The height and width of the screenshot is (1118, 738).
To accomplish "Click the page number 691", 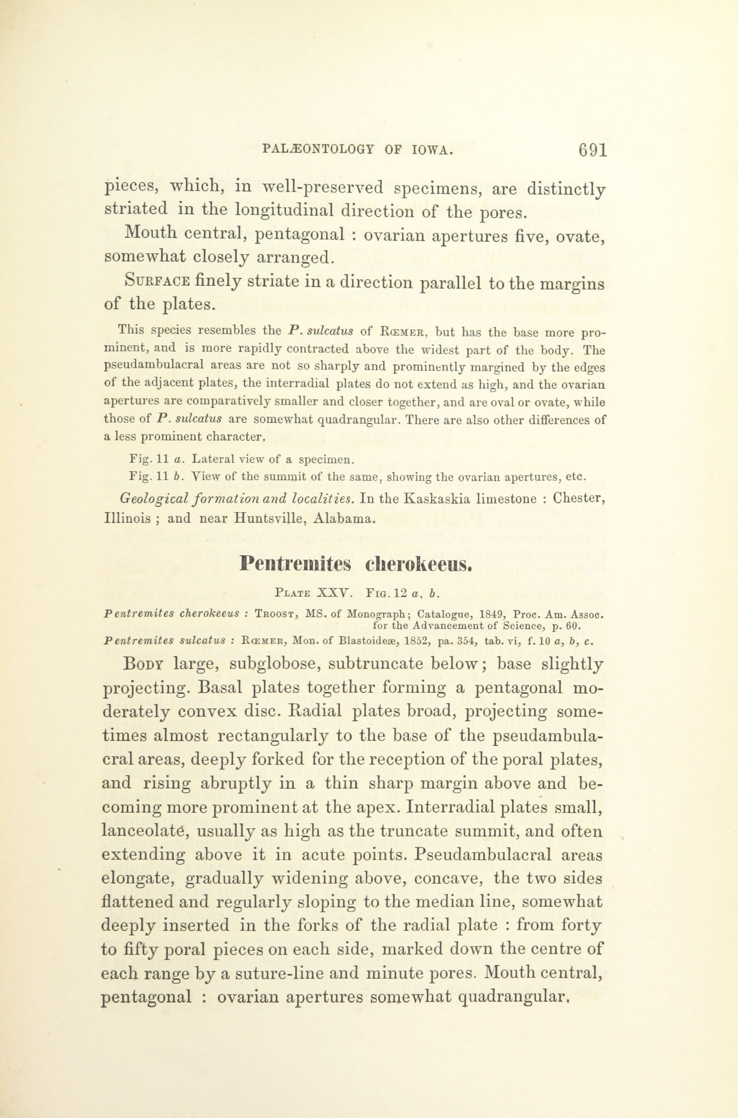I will click(x=593, y=150).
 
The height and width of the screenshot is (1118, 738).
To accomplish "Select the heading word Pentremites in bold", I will click(x=295, y=563).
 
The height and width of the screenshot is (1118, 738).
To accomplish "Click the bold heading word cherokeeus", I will click(x=418, y=563).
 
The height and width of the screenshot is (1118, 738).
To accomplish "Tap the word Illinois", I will click(x=127, y=519).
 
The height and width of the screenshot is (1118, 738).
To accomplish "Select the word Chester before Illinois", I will click(x=578, y=499).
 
